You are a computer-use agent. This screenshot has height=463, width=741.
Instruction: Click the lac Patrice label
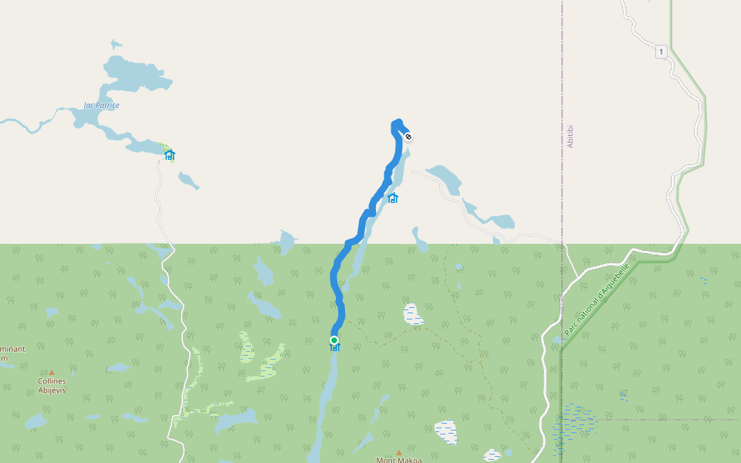[x=102, y=105]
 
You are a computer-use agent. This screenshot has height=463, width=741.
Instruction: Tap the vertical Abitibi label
[x=570, y=137]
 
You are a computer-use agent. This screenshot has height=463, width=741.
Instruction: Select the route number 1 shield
[x=661, y=52]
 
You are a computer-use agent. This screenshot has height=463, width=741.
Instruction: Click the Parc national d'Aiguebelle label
[x=597, y=299]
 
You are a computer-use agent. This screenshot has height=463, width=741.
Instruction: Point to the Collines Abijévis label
[x=52, y=385]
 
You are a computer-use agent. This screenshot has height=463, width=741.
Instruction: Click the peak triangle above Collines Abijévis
[x=52, y=372]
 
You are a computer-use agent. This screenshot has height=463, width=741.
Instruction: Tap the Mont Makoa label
[x=399, y=460]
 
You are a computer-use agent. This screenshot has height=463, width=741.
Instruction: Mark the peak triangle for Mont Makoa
[x=399, y=452]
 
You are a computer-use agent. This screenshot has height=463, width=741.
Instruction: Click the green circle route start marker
[x=334, y=340]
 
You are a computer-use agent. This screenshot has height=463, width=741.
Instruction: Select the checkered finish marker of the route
[x=408, y=137]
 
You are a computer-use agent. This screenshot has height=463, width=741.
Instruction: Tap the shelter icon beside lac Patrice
[x=170, y=155]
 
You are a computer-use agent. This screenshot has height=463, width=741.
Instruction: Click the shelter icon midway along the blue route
[x=393, y=198]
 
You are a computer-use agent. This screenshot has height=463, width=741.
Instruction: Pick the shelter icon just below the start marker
[x=335, y=348]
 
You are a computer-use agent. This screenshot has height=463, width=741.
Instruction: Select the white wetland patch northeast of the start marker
[x=414, y=314]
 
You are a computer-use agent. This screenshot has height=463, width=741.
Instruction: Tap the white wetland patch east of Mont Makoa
[x=446, y=431]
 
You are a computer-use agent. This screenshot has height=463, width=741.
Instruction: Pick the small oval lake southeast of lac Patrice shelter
[x=188, y=181]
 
